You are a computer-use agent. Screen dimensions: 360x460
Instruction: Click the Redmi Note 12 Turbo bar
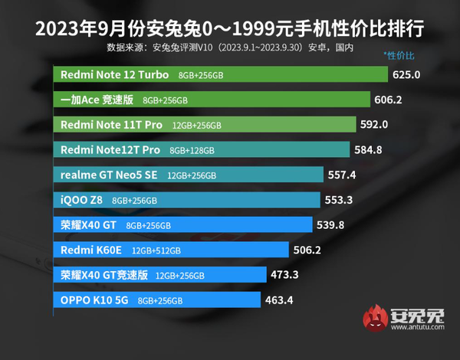pos(222,75)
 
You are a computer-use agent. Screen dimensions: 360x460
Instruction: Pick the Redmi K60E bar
pos(172,249)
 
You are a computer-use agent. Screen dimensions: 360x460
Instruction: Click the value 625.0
pos(407,75)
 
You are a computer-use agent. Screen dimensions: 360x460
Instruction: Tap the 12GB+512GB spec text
pos(156,250)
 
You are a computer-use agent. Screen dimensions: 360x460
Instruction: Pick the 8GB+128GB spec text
pos(192,150)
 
